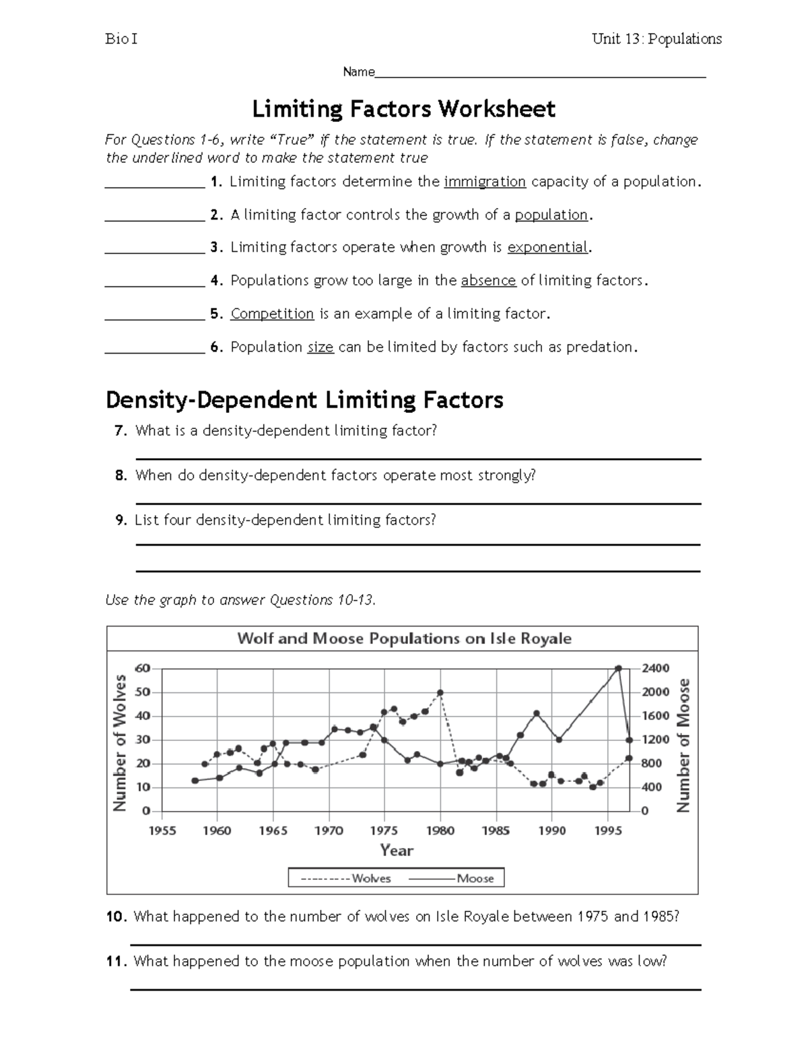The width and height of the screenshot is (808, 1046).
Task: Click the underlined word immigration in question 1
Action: (x=485, y=182)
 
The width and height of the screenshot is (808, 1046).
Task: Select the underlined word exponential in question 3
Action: (x=547, y=248)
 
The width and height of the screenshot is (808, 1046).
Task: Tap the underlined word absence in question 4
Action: (x=488, y=281)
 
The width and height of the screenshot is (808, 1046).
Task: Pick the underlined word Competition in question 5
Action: (x=272, y=314)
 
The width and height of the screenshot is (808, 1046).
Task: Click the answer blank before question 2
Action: (x=155, y=216)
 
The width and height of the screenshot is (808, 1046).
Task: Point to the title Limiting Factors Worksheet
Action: (x=403, y=108)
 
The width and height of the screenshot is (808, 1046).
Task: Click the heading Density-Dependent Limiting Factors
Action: (x=304, y=400)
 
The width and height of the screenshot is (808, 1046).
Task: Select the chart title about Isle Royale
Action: (x=404, y=639)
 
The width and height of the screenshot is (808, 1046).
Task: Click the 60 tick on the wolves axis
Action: (x=143, y=668)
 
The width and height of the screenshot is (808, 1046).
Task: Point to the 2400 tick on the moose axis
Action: (x=655, y=668)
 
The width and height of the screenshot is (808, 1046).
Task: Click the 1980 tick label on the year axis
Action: (x=440, y=830)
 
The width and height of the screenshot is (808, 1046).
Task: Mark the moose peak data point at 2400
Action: (x=618, y=668)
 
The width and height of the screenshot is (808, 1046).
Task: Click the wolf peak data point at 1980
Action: (x=440, y=692)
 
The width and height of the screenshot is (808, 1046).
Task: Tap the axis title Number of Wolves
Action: (x=120, y=742)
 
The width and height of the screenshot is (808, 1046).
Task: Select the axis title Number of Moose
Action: (x=683, y=745)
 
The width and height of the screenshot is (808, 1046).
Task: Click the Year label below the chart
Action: (x=397, y=851)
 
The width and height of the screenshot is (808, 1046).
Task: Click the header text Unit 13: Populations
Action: (x=656, y=39)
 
